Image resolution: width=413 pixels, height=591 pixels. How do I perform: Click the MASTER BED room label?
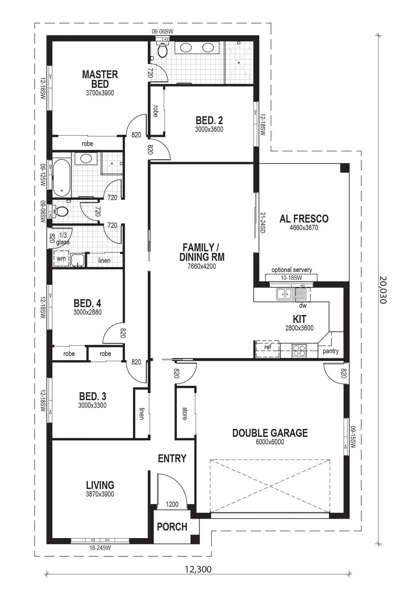tap(100, 79)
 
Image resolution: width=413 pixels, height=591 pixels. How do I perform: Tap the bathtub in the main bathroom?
tap(61, 178)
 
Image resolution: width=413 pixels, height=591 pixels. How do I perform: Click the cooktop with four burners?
tap(299, 350)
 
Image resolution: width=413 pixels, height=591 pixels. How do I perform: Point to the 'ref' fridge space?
tap(268, 347)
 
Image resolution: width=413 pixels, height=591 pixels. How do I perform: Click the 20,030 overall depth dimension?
tap(383, 290)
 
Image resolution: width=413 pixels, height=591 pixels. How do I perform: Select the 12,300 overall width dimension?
tap(198, 569)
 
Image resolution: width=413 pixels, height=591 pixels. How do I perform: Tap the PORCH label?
tap(172, 527)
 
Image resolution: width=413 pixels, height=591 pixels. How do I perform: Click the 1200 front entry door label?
tap(172, 504)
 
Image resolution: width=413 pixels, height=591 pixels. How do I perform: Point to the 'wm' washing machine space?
tap(61, 259)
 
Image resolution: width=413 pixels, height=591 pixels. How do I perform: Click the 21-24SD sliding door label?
tap(263, 223)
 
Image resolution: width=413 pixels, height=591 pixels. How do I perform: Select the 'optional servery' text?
tap(292, 270)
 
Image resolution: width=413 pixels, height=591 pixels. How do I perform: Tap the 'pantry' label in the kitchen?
tap(331, 351)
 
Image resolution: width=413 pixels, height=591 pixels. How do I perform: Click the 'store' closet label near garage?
tap(184, 413)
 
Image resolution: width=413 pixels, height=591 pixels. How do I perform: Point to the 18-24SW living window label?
tap(100, 548)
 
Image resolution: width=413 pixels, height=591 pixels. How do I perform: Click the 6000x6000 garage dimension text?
tap(270, 442)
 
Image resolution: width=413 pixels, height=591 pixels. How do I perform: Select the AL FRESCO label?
tap(304, 219)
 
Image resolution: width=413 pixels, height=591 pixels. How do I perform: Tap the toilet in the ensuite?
tap(162, 50)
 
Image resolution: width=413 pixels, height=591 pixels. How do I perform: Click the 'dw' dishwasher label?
tap(303, 306)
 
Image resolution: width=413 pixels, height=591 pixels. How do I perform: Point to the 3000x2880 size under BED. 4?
tap(87, 312)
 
